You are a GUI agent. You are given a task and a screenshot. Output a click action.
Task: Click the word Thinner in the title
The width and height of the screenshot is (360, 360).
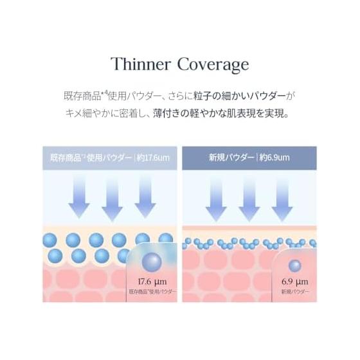pyautogui.click(x=141, y=64)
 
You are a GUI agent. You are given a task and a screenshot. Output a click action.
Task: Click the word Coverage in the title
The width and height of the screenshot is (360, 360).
pyautogui.click(x=213, y=65)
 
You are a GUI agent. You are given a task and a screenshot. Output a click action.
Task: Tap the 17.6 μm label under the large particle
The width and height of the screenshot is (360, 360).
pyautogui.click(x=152, y=282)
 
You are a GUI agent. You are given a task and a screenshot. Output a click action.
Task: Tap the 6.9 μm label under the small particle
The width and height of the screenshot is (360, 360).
pyautogui.click(x=295, y=282)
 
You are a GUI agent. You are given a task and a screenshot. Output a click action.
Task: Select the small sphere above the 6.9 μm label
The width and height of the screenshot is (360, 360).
pyautogui.click(x=295, y=266)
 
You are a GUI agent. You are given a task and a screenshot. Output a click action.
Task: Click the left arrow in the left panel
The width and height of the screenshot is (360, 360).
pyautogui.click(x=79, y=197)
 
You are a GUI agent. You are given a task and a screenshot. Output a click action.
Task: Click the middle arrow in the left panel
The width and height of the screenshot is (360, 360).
pyautogui.click(x=112, y=199)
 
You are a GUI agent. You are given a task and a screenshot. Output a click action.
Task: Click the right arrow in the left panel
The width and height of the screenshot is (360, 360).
pyautogui.click(x=145, y=197)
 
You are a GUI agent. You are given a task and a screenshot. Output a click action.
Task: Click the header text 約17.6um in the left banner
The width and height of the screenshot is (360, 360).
pyautogui.click(x=153, y=158)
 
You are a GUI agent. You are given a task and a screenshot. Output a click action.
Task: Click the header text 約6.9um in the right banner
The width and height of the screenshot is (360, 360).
pyautogui.click(x=274, y=157)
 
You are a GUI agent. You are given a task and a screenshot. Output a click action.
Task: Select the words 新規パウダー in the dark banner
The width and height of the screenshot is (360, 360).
pyautogui.click(x=231, y=157)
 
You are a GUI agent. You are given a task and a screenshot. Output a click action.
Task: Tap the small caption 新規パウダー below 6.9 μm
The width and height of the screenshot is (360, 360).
pyautogui.click(x=295, y=292)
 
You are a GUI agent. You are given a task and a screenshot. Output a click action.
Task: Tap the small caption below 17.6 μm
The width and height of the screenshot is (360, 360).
pyautogui.click(x=153, y=292)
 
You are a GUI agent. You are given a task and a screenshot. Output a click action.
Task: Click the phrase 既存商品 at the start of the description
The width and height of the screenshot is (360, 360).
pyautogui.click(x=82, y=96)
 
